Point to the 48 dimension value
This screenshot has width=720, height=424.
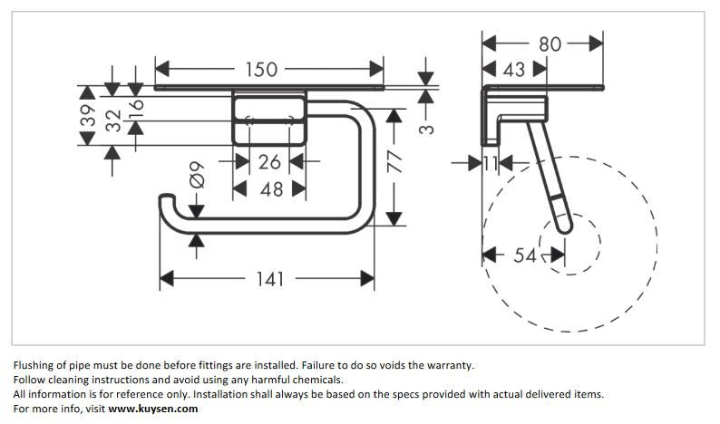(271, 189)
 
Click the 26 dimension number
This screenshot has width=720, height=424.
(269, 161)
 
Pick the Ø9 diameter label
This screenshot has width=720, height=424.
(196, 174)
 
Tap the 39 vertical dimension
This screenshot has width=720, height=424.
(87, 115)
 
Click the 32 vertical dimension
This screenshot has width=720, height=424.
(112, 120)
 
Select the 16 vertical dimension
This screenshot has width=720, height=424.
(135, 107)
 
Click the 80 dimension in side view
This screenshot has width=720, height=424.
(550, 43)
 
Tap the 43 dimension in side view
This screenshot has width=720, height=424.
(513, 70)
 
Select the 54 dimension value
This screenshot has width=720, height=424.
(525, 255)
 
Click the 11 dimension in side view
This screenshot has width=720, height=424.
(491, 163)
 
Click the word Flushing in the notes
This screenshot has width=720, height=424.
(34, 365)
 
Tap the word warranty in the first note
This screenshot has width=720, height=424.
(446, 365)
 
